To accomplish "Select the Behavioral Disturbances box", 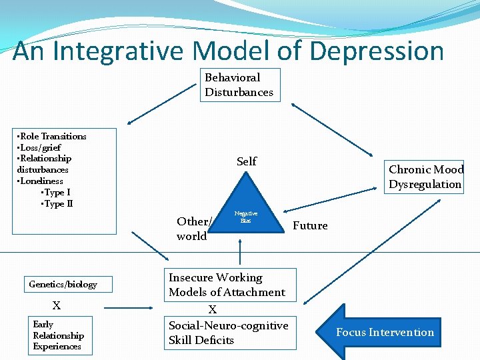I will (x=239, y=85).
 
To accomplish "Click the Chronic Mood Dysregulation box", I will (x=425, y=177).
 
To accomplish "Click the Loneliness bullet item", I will (x=41, y=181).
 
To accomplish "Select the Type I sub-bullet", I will (x=57, y=192).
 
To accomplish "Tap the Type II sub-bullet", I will (x=58, y=203).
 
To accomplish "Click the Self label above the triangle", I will (x=246, y=161).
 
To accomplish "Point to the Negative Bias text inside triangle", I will (x=246, y=216).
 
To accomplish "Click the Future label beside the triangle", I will (x=310, y=225).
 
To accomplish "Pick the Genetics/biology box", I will (x=63, y=285).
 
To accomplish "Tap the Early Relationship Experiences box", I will (x=59, y=335).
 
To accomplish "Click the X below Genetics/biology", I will (x=57, y=306).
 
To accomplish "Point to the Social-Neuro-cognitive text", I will (x=228, y=325).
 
